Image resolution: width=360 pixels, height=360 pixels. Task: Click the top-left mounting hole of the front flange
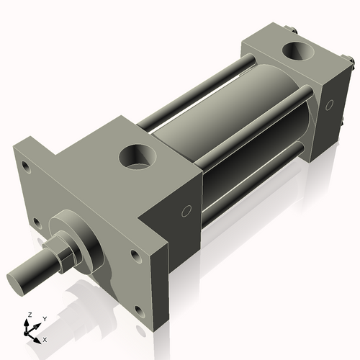tap(27, 167)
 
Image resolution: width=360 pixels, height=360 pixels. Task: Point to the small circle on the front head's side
tap(186, 211)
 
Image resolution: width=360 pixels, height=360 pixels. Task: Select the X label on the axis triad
tap(45, 338)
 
